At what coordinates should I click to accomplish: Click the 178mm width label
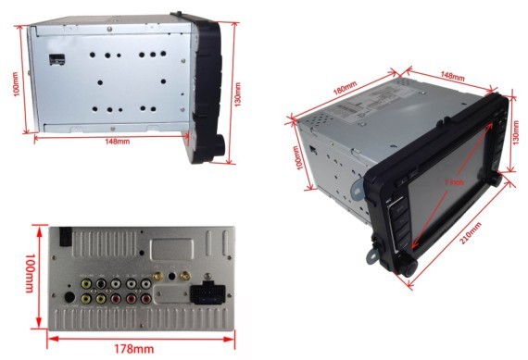pyautogui.click(x=133, y=349)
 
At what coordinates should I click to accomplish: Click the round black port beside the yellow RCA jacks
pyautogui.click(x=72, y=298)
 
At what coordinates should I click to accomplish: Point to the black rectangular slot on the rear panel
pyautogui.click(x=67, y=237)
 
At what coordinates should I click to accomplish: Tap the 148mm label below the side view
pyautogui.click(x=119, y=142)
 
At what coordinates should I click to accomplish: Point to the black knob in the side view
pyautogui.click(x=220, y=146)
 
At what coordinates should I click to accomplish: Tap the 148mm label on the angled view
pyautogui.click(x=452, y=75)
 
